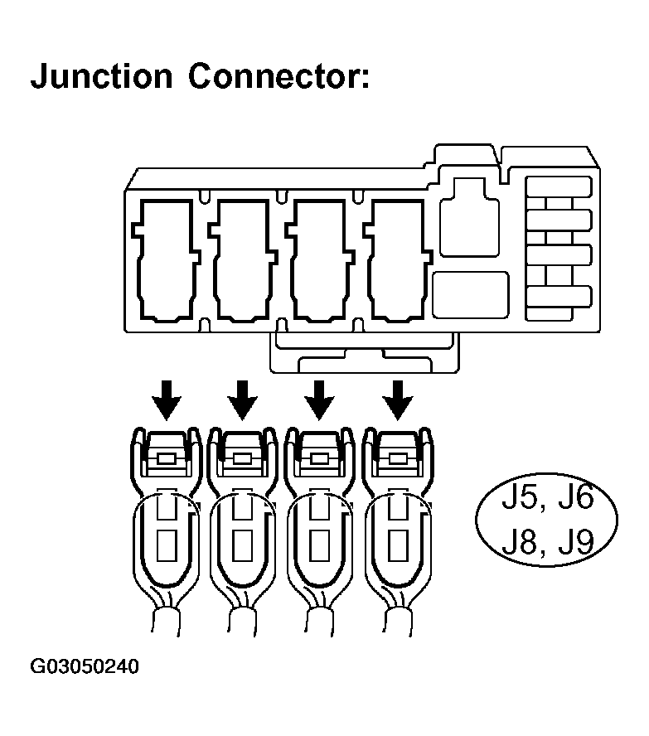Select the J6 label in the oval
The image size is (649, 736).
coord(575,498)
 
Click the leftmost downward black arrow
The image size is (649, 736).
coord(167,399)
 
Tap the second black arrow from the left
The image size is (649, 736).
coord(242,399)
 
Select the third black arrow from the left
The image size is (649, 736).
coord(319,399)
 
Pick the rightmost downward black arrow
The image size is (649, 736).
coord(398,399)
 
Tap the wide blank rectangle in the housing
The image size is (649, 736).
coord(470,292)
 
